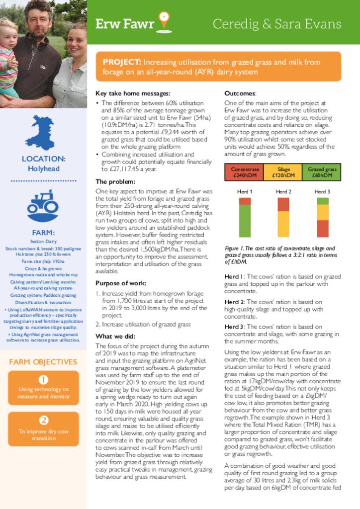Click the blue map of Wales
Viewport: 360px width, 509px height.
pyautogui.click(x=40, y=132)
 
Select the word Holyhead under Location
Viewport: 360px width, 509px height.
pyautogui.click(x=43, y=169)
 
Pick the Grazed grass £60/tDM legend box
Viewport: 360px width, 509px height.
pyautogui.click(x=322, y=172)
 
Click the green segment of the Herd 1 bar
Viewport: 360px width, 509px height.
pyautogui.click(x=245, y=221)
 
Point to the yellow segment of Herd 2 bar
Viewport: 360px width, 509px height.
pyautogui.click(x=283, y=224)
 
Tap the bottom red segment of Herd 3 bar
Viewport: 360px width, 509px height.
pyautogui.click(x=322, y=229)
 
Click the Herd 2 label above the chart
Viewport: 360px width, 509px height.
pyautogui.click(x=283, y=192)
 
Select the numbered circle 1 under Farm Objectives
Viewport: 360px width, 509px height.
pyautogui.click(x=43, y=380)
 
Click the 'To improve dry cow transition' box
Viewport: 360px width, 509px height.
pyautogui.click(x=43, y=428)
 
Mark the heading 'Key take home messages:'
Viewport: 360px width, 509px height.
pyautogui.click(x=133, y=93)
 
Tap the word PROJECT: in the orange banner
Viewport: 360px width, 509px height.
pyautogui.click(x=122, y=62)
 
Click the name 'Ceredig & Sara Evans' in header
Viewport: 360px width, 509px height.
pyautogui.click(x=276, y=24)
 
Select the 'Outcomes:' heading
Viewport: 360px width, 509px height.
pyautogui.click(x=240, y=93)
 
